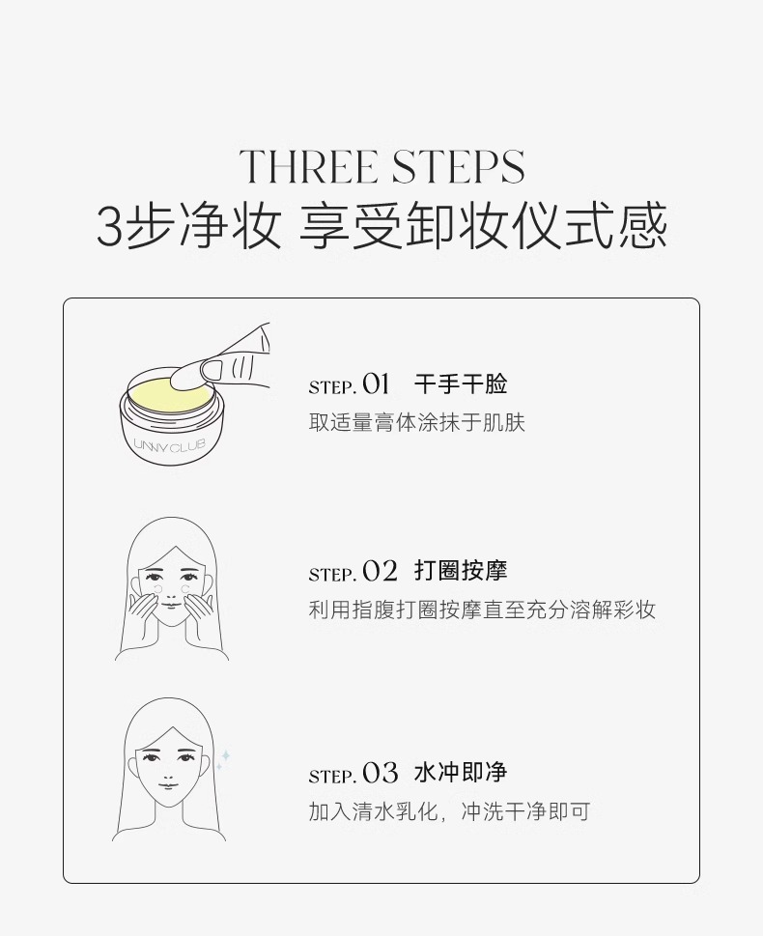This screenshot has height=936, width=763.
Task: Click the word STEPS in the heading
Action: (455, 167)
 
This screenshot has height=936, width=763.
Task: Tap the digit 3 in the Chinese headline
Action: (110, 228)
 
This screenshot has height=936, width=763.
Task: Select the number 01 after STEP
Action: (376, 384)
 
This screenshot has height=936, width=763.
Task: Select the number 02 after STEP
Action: (380, 572)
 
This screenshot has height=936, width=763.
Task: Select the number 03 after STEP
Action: (380, 774)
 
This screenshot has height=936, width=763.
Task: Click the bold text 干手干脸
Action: (461, 384)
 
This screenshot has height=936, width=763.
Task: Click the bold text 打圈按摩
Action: (461, 571)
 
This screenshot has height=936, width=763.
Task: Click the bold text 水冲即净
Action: (461, 773)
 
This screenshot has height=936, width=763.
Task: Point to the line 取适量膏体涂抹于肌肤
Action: (416, 422)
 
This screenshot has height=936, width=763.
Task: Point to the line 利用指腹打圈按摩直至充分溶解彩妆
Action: (482, 610)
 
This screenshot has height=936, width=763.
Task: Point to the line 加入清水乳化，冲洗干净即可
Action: (448, 811)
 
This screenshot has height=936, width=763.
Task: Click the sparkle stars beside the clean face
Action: (223, 760)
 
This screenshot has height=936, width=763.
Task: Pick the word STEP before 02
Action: (331, 575)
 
